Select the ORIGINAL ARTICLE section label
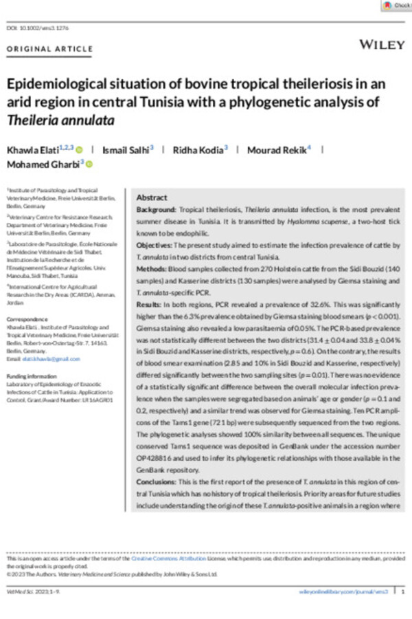49,49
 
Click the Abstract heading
152,196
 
